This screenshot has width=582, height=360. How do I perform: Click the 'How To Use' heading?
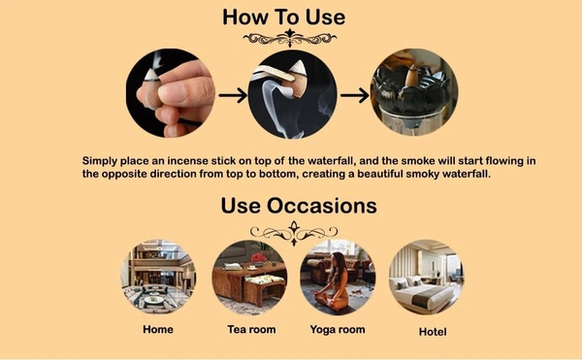284,17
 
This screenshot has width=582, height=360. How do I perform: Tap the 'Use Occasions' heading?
299,206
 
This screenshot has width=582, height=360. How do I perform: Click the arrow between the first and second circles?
233,95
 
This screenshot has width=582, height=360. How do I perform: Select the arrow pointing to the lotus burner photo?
354,95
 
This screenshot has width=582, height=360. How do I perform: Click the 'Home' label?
158,329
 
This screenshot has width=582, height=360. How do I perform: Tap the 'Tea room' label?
251,329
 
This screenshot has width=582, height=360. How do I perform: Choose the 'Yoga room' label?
338,330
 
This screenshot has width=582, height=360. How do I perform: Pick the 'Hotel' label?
433,332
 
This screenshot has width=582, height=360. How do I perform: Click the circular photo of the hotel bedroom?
426,277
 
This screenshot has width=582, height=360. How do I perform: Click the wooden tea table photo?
249,277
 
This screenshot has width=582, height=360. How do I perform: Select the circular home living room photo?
158,277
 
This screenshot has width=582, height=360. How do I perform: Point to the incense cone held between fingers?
150,89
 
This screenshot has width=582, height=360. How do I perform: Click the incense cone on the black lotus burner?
411,77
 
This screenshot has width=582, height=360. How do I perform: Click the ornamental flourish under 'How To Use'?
290,38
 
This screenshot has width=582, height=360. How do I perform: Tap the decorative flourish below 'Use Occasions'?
294,233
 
